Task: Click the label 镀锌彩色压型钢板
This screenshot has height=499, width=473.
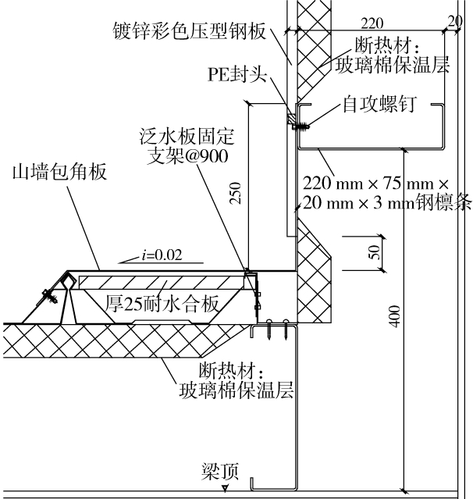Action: [189, 32]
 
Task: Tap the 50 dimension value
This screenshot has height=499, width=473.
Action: [375, 251]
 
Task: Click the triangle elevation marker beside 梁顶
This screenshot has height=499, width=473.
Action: [225, 487]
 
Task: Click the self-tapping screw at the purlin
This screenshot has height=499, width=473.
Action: [297, 122]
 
